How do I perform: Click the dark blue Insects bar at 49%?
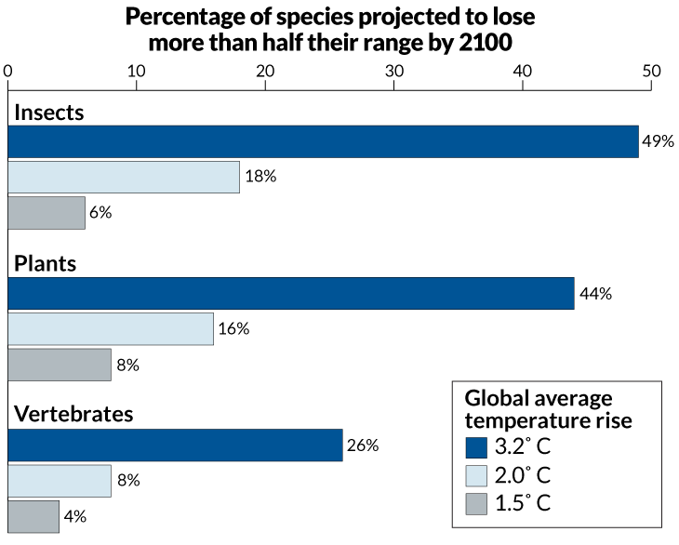(x=323, y=141)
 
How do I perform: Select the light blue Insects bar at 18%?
(x=124, y=177)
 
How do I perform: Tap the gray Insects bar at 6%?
(x=47, y=212)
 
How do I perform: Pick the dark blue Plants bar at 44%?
(x=291, y=294)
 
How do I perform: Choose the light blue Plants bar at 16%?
(x=111, y=329)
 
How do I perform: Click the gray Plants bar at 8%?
(x=60, y=365)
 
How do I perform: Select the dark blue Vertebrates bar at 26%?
(x=175, y=445)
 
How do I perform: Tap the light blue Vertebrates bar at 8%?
(x=60, y=481)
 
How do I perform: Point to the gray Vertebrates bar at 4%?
(x=33, y=516)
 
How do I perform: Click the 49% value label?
(x=658, y=141)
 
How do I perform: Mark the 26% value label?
(x=362, y=445)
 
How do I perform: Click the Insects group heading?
(x=48, y=113)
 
